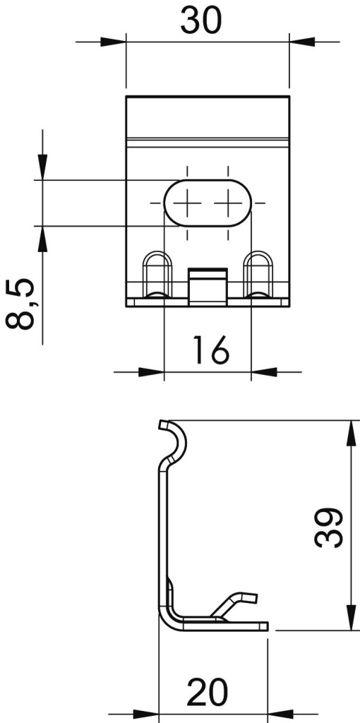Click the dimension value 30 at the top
[x=200, y=20]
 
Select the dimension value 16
[x=210, y=349]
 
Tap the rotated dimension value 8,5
[x=20, y=304]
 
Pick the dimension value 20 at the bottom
[x=208, y=694]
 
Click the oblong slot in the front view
[x=208, y=203]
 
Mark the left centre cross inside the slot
[x=188, y=203]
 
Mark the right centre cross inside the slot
[x=227, y=203]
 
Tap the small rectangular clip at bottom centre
[x=208, y=285]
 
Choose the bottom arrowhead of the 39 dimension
[x=351, y=619]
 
